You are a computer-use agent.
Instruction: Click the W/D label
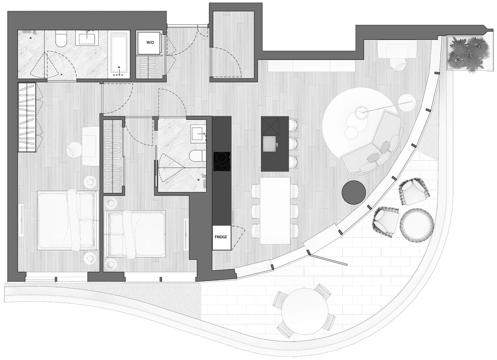pos(150,43)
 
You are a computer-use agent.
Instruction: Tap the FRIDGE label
pos(221,237)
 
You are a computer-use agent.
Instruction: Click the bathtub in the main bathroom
pos(119,54)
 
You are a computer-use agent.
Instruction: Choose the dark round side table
pos(354,192)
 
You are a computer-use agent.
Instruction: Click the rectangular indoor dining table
pos(275,210)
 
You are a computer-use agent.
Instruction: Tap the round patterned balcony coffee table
pos(417,224)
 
